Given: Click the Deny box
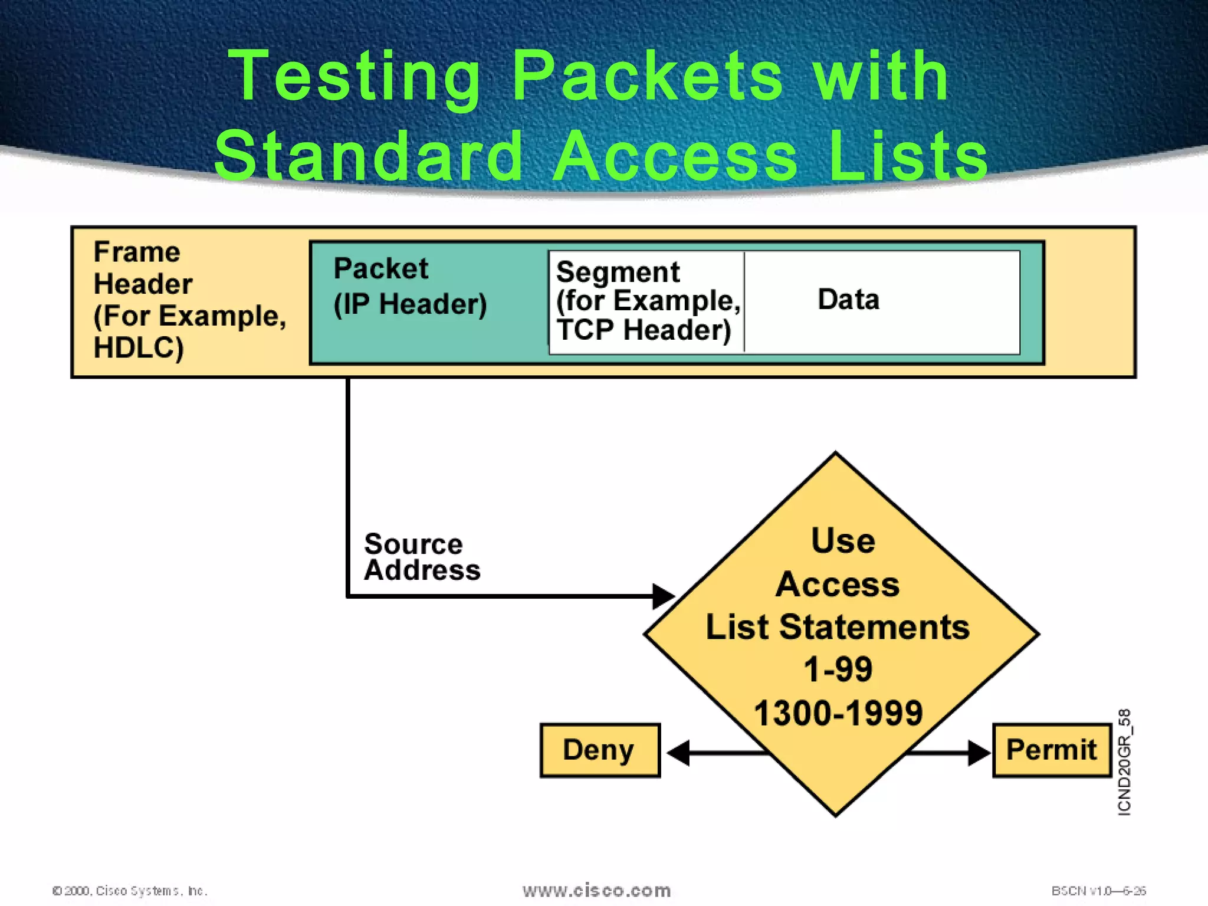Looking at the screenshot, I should (x=599, y=750).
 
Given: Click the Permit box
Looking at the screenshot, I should (x=1051, y=750).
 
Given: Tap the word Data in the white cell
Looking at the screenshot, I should (x=848, y=300).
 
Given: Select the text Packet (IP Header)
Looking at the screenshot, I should (x=409, y=287).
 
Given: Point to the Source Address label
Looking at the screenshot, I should (x=421, y=557).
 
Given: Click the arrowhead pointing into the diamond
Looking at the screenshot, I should (x=663, y=596).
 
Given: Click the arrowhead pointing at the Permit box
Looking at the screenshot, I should (x=979, y=753).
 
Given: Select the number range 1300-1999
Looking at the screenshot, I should (x=838, y=713).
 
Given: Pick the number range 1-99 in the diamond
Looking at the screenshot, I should (x=838, y=669).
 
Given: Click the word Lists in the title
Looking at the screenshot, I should (x=908, y=157).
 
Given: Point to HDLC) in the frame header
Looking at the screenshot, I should (x=139, y=347).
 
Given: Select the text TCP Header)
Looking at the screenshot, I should (x=643, y=330).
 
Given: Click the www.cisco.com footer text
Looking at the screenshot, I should (x=596, y=890).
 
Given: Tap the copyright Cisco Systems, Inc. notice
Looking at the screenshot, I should (x=130, y=891).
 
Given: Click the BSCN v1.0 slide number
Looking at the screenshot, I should (x=1098, y=891).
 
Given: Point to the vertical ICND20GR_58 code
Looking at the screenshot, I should (x=1124, y=762).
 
